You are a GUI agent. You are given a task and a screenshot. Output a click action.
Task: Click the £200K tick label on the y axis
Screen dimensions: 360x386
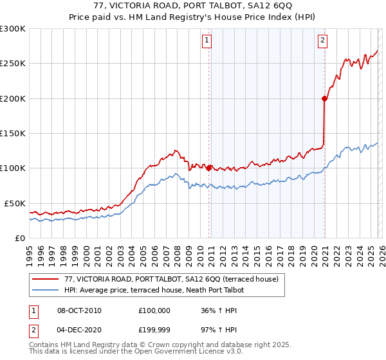12,98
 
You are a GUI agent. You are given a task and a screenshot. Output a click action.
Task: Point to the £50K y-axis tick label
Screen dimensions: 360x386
14,203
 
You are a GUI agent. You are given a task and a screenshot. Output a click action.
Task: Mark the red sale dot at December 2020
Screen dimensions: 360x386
324,98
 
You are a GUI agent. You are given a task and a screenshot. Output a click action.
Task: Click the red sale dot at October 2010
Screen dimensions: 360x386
209,168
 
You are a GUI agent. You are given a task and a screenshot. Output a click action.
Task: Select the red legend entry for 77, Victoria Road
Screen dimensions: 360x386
171,279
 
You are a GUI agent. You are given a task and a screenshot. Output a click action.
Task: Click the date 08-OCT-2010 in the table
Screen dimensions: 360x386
79,310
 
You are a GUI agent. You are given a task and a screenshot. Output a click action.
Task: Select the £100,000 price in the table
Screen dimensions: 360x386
154,310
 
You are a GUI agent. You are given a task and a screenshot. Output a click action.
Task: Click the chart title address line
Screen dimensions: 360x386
193,6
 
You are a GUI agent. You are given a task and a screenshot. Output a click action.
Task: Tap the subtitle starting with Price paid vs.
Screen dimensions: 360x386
193,17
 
